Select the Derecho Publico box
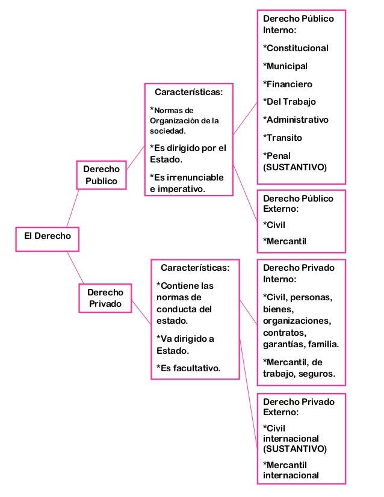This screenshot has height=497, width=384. [101, 174]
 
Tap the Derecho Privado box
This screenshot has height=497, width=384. [105, 298]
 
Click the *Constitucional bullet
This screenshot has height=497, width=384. [296, 48]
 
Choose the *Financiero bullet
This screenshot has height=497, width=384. [288, 84]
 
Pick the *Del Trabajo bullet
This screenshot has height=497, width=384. [290, 102]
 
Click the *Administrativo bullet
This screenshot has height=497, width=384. [296, 120]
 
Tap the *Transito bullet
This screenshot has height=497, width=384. [283, 138]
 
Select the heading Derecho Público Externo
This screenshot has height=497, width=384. [298, 203]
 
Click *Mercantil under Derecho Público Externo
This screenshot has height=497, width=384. [285, 241]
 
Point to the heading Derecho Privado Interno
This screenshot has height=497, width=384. [299, 273]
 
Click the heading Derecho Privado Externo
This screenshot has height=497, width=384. [299, 407]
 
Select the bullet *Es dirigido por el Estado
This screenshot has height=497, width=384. [188, 154]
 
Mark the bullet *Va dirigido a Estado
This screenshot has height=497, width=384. [185, 344]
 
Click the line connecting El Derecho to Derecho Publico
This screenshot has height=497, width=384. [73, 208]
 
